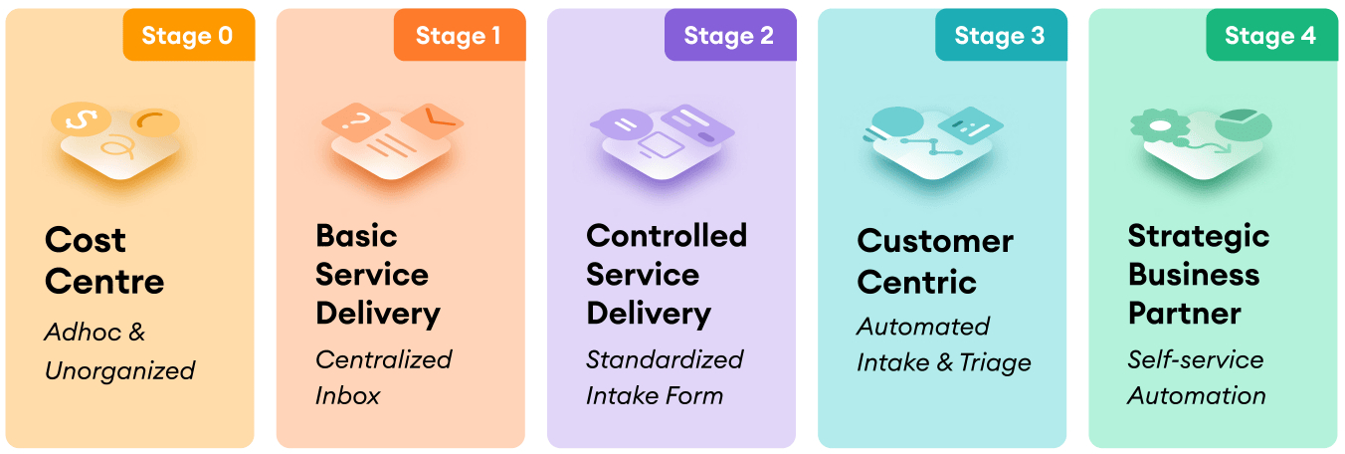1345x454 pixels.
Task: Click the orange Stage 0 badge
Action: [x=188, y=36]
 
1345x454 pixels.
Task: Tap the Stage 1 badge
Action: [x=459, y=36]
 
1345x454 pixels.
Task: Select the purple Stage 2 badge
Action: [x=729, y=36]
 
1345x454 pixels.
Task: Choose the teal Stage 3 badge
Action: [x=1000, y=36]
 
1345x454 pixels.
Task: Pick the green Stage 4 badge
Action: [x=1270, y=36]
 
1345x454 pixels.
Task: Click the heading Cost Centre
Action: [x=104, y=260]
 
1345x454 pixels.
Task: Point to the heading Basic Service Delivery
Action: [x=378, y=275]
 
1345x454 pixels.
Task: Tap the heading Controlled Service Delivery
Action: [x=667, y=275]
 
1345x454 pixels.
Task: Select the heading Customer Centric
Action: [x=935, y=261]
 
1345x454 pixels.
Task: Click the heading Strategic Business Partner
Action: [x=1199, y=275]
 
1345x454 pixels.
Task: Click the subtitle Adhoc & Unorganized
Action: [x=119, y=351]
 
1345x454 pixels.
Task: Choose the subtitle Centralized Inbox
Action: [x=383, y=377]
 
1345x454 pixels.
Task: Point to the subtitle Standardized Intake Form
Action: [x=665, y=377]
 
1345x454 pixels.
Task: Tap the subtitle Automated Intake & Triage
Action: [x=943, y=344]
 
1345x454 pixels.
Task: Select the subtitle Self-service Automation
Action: [x=1197, y=377]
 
